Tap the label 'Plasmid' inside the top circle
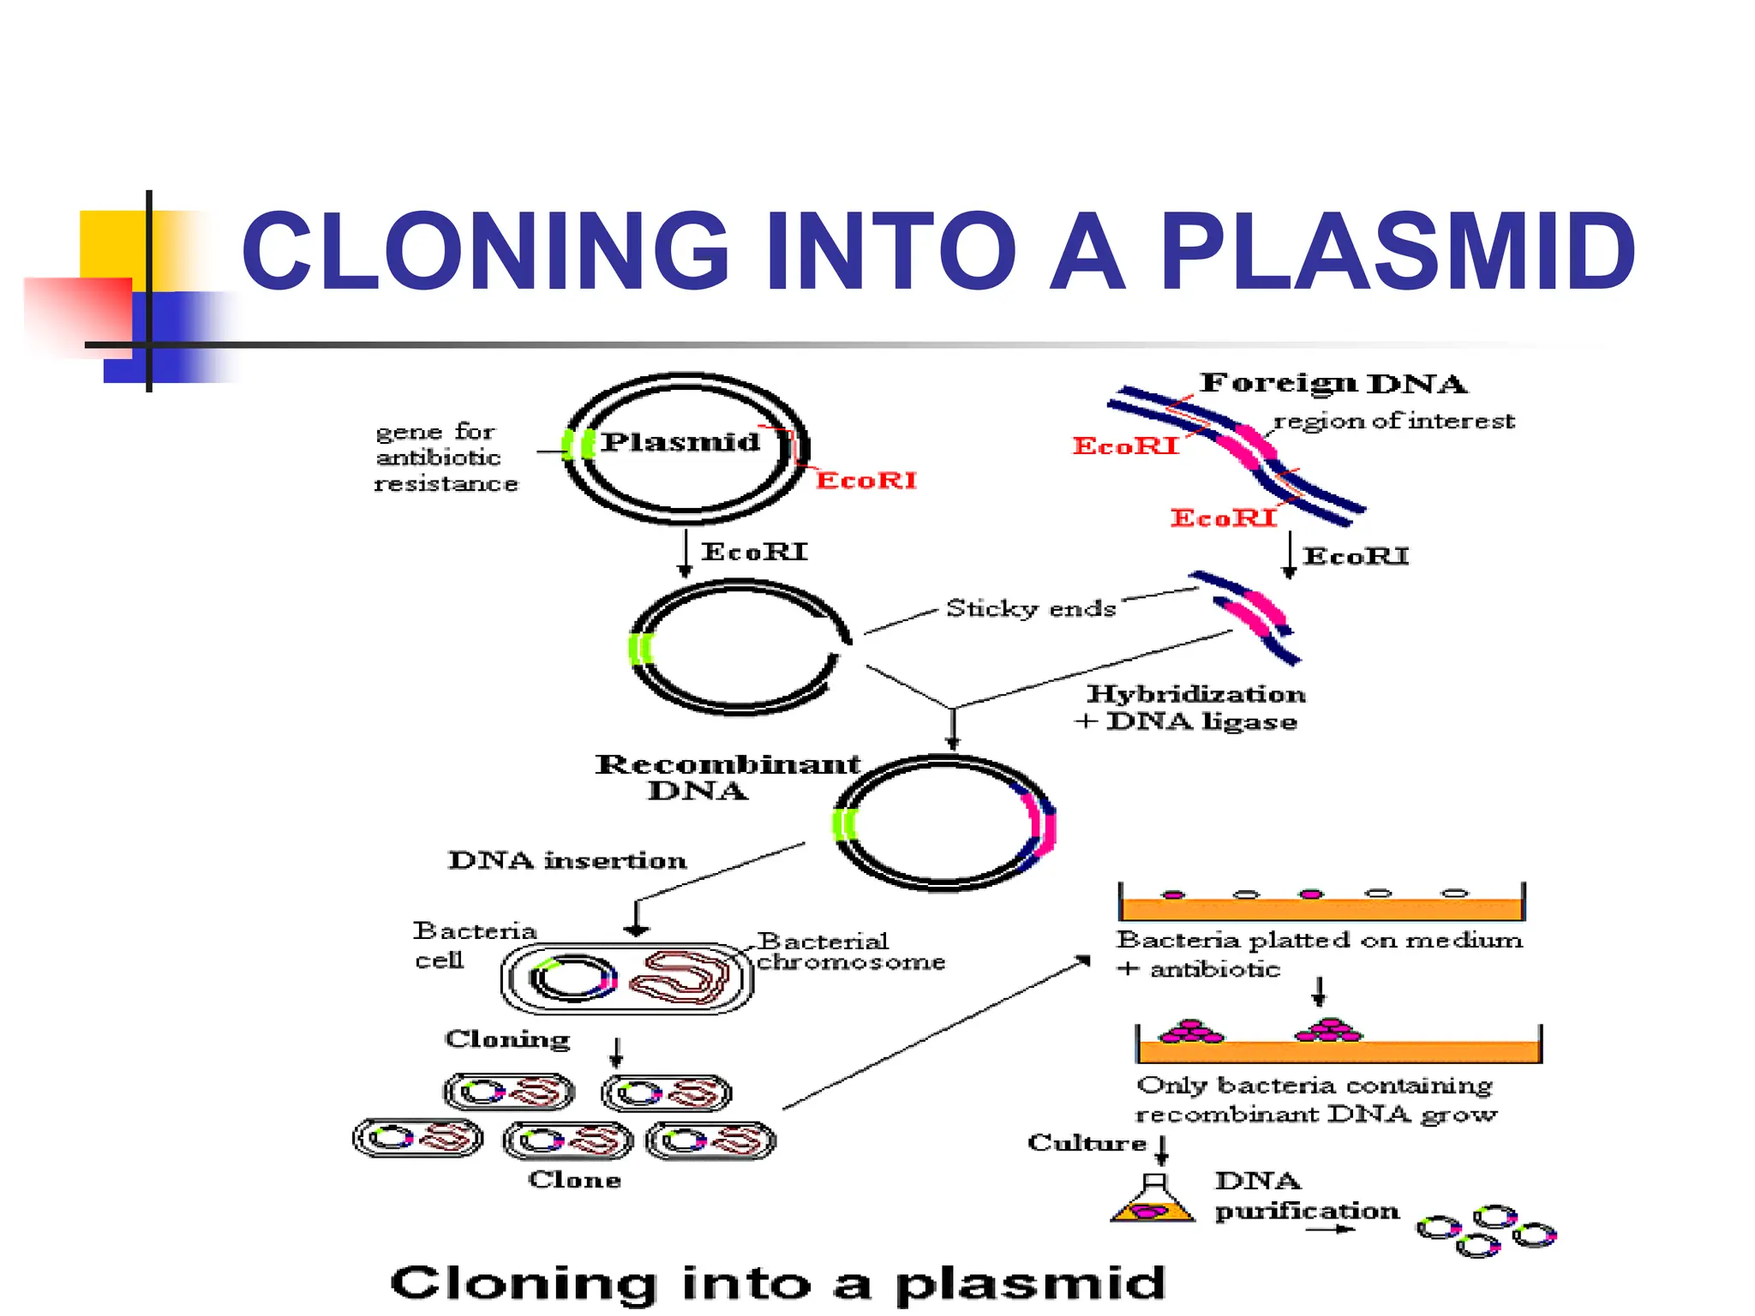click(680, 442)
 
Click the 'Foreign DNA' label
click(1333, 383)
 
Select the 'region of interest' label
click(1393, 421)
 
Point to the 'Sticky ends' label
click(1030, 608)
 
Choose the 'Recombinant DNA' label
click(727, 776)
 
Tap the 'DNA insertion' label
click(567, 859)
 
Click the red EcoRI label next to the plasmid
click(866, 480)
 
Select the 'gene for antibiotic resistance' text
click(446, 458)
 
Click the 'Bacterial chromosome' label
click(850, 951)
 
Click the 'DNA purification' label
click(1305, 1196)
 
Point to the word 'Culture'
click(1087, 1143)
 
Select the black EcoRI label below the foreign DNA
click(1356, 557)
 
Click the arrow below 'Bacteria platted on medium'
click(1319, 991)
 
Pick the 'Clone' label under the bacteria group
click(574, 1180)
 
